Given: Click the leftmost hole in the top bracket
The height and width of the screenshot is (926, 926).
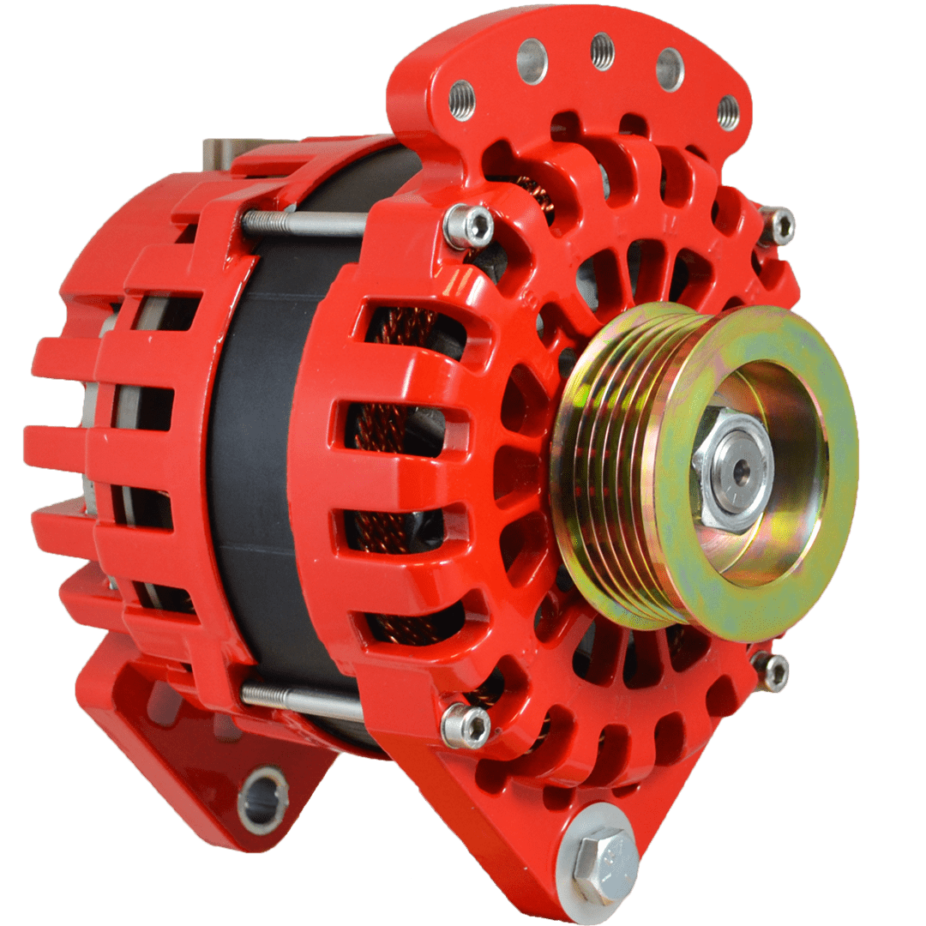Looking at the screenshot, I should click(462, 100).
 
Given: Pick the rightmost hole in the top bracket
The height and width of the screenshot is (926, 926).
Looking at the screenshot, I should click(727, 112).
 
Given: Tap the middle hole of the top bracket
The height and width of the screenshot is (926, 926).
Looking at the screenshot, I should click(603, 51).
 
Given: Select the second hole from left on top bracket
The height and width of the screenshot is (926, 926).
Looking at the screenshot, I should click(532, 61).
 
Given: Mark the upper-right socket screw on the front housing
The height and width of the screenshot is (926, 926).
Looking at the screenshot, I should click(777, 225).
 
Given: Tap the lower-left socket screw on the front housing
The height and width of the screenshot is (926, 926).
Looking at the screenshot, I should click(466, 726).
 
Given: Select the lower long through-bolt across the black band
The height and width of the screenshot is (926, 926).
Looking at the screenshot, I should click(302, 701).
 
